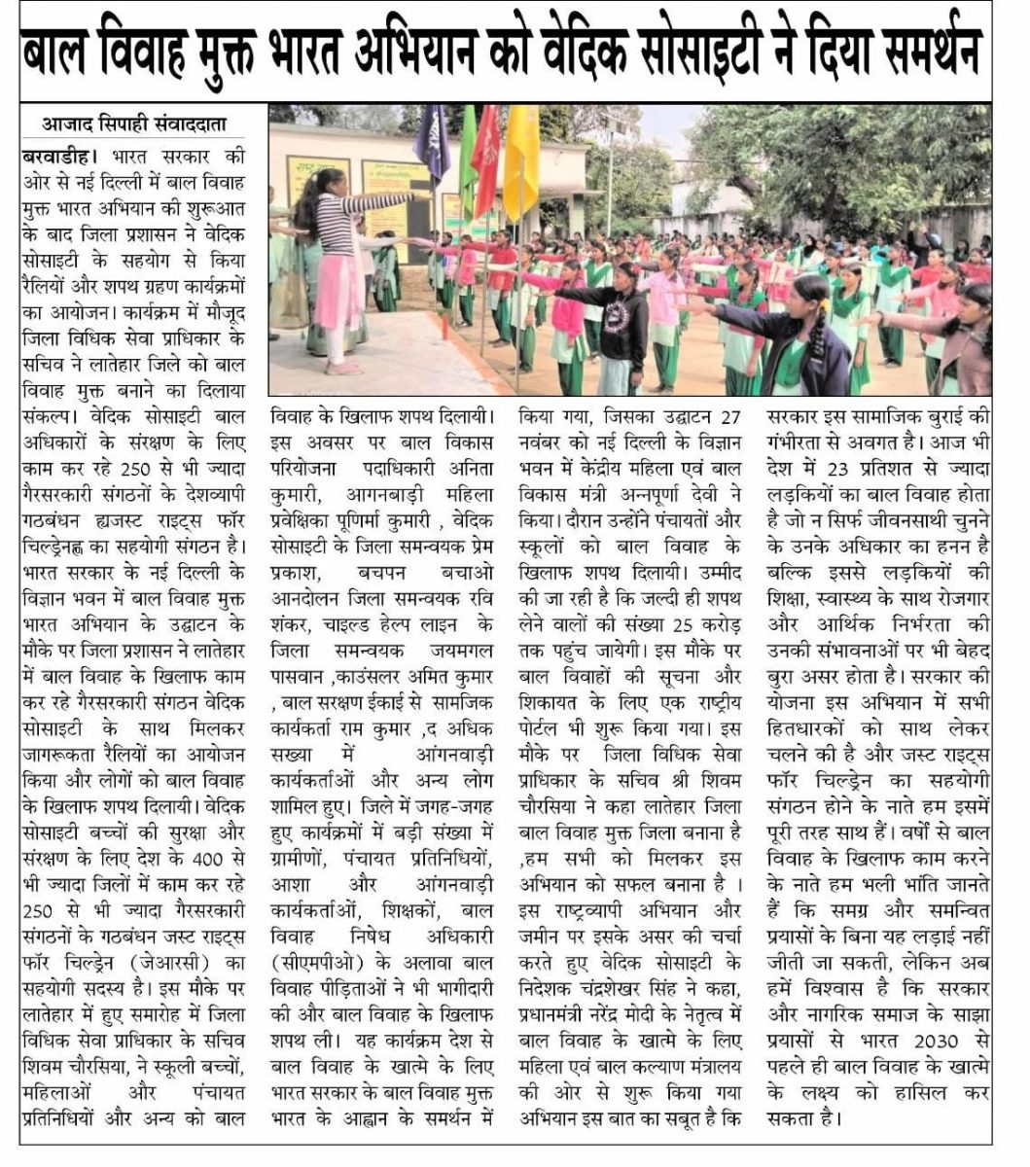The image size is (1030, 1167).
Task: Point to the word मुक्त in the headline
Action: point(223,52)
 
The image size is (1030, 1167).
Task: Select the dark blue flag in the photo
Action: point(432,146)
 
